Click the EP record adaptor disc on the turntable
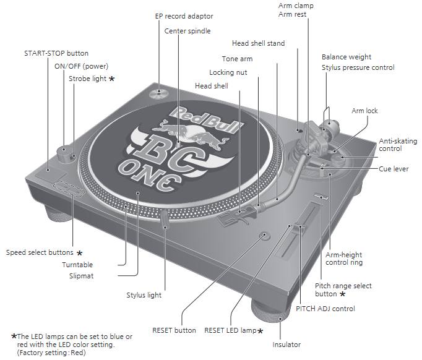[158, 93]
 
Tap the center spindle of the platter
[178, 144]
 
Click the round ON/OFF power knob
[64, 155]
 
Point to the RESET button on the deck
[265, 236]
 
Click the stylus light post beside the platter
[164, 220]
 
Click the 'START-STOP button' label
[56, 53]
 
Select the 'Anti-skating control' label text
[398, 145]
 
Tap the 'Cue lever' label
[394, 169]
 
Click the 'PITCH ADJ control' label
[325, 309]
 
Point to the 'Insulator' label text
[286, 345]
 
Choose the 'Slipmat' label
[81, 276]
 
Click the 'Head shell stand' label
[259, 43]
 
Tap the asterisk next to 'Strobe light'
[112, 79]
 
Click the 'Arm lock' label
[364, 111]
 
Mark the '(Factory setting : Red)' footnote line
[51, 353]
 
